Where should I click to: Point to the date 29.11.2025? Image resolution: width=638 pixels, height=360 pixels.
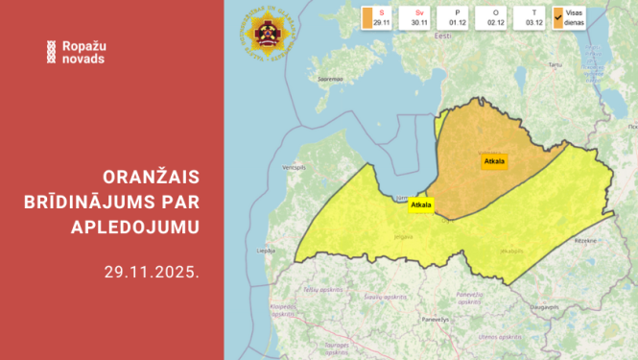coord(152,272)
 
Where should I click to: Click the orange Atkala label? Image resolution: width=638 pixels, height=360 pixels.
coord(495,160)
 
